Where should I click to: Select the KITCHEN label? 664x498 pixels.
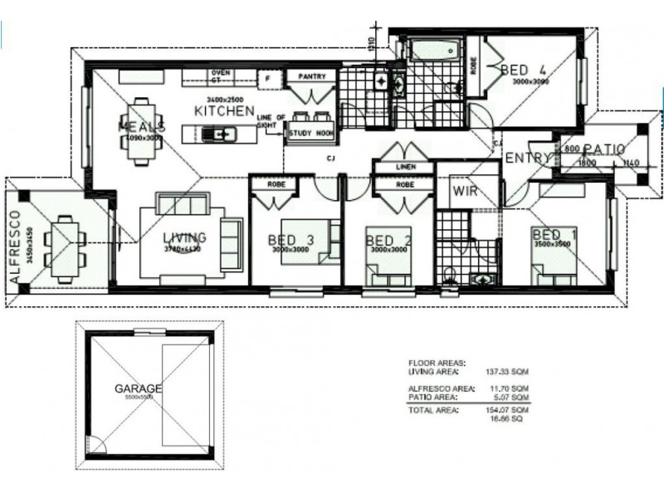point(223,110)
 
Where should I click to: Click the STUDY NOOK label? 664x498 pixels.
point(311,132)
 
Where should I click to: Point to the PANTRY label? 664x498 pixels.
point(311,76)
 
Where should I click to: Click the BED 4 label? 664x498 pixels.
point(524,71)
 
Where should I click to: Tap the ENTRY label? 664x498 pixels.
point(524,159)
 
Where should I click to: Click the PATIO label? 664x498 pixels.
point(603,149)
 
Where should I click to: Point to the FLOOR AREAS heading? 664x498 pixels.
point(437,364)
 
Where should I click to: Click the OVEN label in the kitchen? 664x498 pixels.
point(221,72)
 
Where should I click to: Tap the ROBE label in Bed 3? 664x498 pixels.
point(276,184)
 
